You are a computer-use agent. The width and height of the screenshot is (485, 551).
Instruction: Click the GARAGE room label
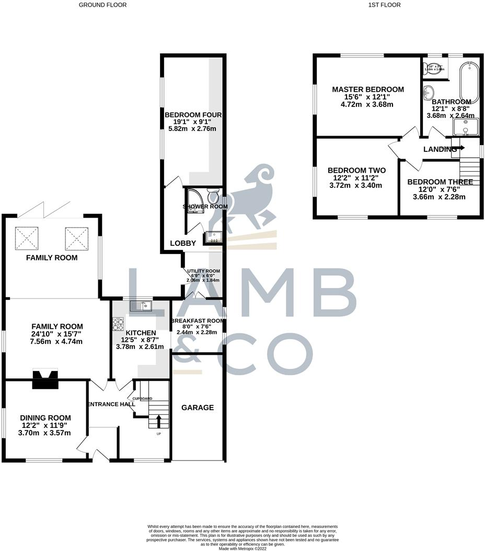coord(198,408)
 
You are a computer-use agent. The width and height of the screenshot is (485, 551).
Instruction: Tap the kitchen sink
coord(141,306)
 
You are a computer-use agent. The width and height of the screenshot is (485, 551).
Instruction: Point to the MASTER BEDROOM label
coord(368,89)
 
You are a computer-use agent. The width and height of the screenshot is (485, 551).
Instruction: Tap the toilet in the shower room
coord(213,197)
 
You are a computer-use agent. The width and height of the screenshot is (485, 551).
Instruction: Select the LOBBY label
coord(183,243)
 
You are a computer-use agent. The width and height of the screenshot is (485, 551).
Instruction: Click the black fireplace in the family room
coord(43,379)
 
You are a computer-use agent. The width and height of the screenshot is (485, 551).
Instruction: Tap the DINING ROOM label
coord(45,417)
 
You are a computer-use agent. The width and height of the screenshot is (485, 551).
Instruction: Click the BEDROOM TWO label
coord(356,171)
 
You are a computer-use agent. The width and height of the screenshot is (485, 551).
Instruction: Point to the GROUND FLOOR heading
coord(102,5)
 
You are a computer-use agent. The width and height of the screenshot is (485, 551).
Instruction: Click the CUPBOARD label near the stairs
coord(142,399)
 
